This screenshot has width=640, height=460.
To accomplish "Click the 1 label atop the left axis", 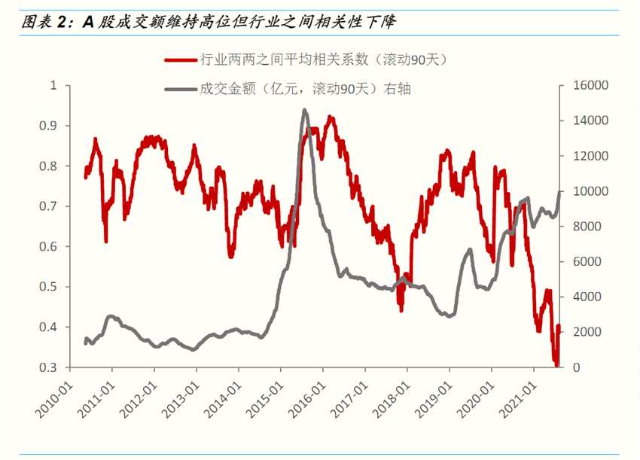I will tap(53, 85).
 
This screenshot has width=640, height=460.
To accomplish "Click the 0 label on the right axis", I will tap(574, 367).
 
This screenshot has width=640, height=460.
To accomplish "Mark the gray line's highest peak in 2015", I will tap(304, 110).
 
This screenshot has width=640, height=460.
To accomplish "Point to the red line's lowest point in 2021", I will tap(556, 365).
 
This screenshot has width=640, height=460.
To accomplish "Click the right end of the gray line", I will tap(559, 191).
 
